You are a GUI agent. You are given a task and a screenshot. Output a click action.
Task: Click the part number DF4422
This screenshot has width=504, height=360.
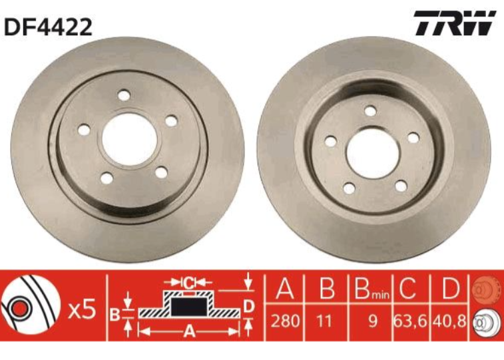click(x=48, y=26)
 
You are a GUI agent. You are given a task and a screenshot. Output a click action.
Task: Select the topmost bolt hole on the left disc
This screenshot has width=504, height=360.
click(x=123, y=96)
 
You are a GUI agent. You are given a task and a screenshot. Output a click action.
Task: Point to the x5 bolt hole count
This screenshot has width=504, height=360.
click(x=83, y=309)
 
